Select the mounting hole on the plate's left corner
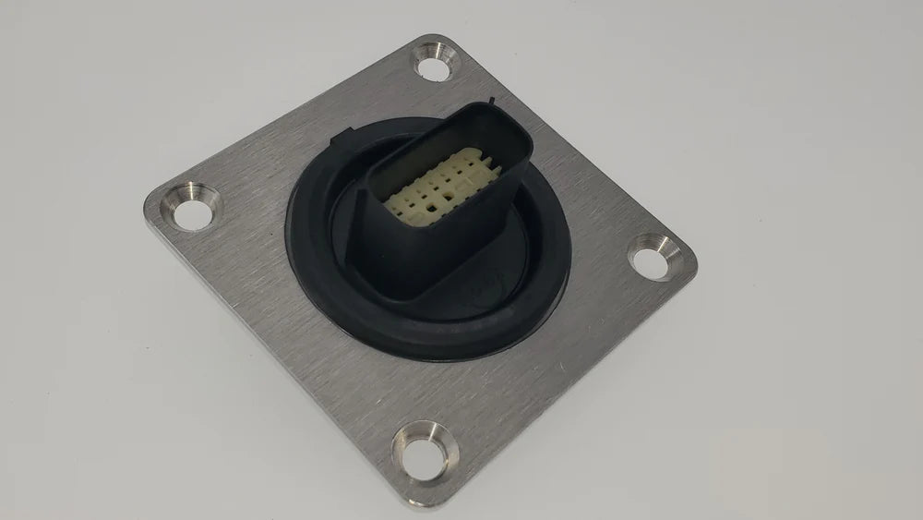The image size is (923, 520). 190,213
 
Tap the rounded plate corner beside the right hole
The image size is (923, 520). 692,268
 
